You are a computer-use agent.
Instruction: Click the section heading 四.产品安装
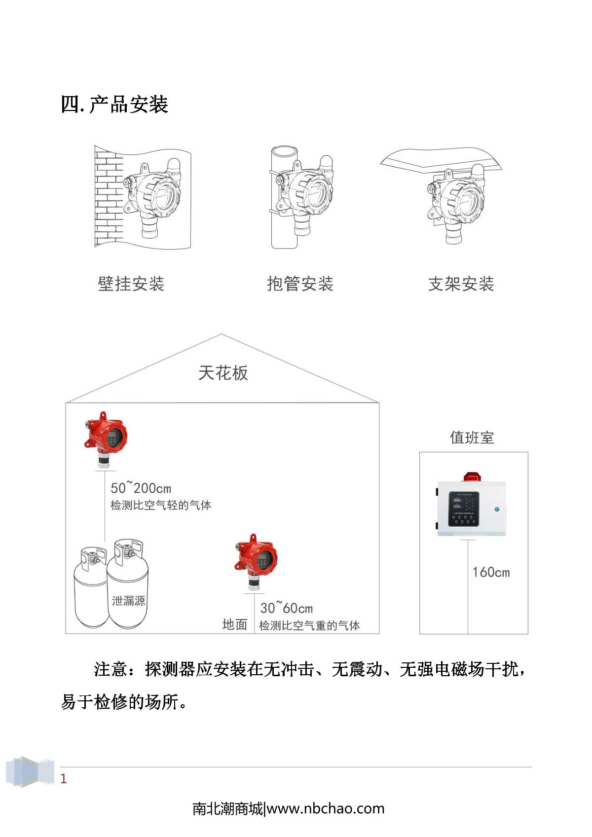click(x=114, y=105)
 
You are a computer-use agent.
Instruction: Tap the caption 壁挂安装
click(x=131, y=284)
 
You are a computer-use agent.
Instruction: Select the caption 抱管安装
click(x=300, y=284)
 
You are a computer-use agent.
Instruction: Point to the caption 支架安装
click(x=461, y=284)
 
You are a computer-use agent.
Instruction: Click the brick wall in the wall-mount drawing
click(x=108, y=197)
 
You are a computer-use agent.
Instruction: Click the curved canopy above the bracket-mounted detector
click(x=441, y=159)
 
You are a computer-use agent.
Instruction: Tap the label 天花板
click(x=223, y=373)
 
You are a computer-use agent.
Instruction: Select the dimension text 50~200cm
click(x=141, y=488)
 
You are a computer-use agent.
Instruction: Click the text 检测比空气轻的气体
click(x=161, y=505)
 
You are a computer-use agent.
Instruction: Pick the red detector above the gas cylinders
click(x=106, y=437)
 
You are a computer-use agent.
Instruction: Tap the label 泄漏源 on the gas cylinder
click(x=128, y=601)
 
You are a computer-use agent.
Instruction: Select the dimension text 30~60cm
click(x=286, y=608)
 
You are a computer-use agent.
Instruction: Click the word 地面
click(x=234, y=624)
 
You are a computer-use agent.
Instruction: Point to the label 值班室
click(x=472, y=437)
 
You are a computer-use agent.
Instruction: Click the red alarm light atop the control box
click(x=472, y=476)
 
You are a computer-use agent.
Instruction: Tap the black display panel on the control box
click(x=464, y=508)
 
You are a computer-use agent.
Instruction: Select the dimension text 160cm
click(x=491, y=572)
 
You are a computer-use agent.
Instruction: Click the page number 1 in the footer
click(x=63, y=779)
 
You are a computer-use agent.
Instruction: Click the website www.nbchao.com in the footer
click(x=326, y=809)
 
